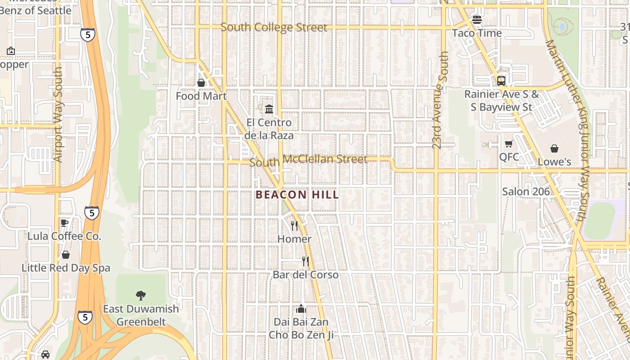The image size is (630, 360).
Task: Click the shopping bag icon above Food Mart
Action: coord(201,83)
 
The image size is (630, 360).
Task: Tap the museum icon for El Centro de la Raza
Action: coord(269,109)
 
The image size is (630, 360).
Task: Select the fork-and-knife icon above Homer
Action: coord(294,225)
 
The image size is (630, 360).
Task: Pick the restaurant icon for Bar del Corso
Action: coord(306,261)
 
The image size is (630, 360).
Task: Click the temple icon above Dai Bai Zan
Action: coord(301,309)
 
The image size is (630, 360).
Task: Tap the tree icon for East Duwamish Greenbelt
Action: coord(141,296)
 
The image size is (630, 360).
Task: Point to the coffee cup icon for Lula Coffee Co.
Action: coord(64,223)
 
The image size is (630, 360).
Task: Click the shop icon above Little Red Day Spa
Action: coord(66,255)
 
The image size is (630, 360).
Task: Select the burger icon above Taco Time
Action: coord(477,20)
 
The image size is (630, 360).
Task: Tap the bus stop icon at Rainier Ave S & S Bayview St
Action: coord(501,81)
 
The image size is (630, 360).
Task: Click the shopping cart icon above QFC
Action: coord(508,144)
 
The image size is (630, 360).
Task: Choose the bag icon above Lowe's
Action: coord(554,148)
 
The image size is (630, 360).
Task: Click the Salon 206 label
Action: coord(526,191)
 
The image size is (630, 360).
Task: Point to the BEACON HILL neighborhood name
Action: coord(297,195)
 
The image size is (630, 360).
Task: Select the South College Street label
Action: coord(274,27)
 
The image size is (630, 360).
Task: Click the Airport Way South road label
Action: coord(58,115)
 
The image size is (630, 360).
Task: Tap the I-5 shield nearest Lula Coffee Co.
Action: coord(91,213)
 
